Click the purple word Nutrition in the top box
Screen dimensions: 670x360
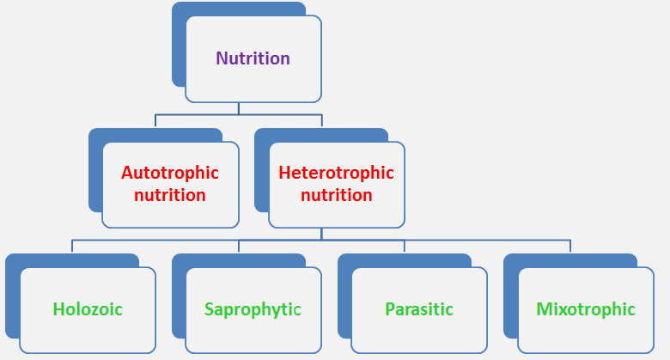(253, 58)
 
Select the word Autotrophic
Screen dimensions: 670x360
(170, 173)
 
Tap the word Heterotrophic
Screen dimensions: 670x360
(336, 173)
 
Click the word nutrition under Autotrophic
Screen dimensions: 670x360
(170, 195)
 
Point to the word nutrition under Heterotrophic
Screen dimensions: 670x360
(336, 195)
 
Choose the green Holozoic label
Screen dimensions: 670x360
(88, 309)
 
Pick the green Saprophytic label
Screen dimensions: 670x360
(253, 309)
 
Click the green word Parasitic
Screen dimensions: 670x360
(419, 309)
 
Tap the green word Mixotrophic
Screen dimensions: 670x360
(586, 309)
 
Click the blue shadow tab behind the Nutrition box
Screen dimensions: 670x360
(180, 43)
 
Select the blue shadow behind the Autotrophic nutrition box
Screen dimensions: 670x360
(96, 171)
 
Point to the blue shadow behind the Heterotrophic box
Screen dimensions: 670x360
(262, 171)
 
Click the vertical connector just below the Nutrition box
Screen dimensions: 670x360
(239, 108)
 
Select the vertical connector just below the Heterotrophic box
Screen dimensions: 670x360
(321, 234)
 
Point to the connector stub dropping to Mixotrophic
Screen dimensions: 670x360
(570, 247)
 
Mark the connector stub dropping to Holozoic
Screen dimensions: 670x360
(72, 247)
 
